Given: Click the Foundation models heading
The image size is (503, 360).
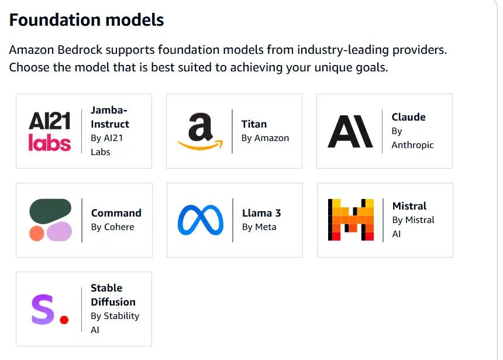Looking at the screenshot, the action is (87, 20).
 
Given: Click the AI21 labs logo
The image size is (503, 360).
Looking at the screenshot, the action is (50, 131).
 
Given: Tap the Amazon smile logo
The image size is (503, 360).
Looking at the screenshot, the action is (200, 131).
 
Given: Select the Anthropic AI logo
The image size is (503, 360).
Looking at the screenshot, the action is (350, 131).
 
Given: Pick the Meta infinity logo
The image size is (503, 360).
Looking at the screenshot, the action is (201, 220).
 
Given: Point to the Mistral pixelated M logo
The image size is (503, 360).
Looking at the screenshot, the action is (351, 220).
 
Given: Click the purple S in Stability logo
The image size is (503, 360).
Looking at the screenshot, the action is (43, 309).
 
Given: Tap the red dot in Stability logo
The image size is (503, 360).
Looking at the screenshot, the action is (64, 320).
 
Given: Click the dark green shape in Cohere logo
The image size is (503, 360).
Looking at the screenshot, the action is (50, 211).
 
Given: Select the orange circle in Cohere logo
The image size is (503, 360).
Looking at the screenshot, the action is (37, 234).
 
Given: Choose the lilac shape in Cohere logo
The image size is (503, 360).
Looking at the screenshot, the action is (59, 231).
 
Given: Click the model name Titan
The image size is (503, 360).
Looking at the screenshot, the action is (254, 124).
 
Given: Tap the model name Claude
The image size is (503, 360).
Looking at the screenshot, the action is (409, 117).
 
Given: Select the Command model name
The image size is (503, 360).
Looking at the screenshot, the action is (116, 213).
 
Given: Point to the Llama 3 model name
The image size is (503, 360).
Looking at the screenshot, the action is (261, 213).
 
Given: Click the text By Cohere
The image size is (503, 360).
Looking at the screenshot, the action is (113, 227).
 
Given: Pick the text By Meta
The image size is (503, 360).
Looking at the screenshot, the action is (259, 227).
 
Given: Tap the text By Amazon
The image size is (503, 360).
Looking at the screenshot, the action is (266, 138).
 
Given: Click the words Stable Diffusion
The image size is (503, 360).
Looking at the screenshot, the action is (113, 295).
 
